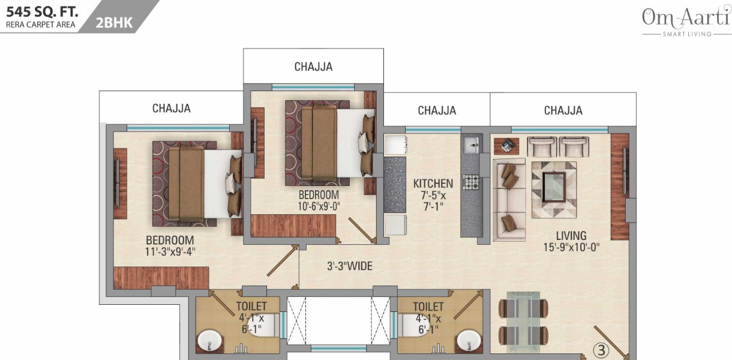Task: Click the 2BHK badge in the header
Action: [x=114, y=22]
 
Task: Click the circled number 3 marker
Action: [x=600, y=348]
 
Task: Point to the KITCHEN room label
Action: [x=433, y=184]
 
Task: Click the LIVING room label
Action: [x=571, y=236]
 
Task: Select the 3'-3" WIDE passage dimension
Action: [x=350, y=266]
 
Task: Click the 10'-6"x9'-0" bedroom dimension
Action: [x=319, y=206]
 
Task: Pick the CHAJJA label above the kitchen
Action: [x=437, y=110]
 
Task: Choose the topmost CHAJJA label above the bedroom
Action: [x=313, y=67]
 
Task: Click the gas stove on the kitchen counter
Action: [x=470, y=182]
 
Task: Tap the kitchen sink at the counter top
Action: [x=471, y=143]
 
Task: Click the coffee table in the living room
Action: [x=553, y=182]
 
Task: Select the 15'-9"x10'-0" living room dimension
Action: [x=571, y=247]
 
